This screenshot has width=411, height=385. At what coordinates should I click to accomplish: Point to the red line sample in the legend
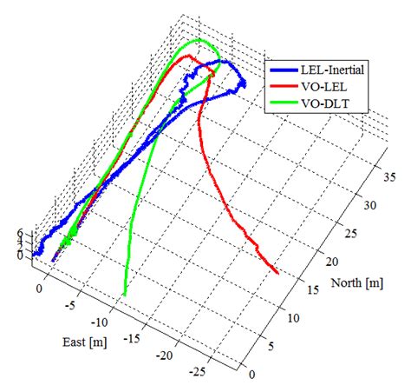coord(282,89)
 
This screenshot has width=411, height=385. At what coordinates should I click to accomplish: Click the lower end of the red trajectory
coord(277,270)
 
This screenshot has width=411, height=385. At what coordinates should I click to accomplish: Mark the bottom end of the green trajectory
coord(125,295)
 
